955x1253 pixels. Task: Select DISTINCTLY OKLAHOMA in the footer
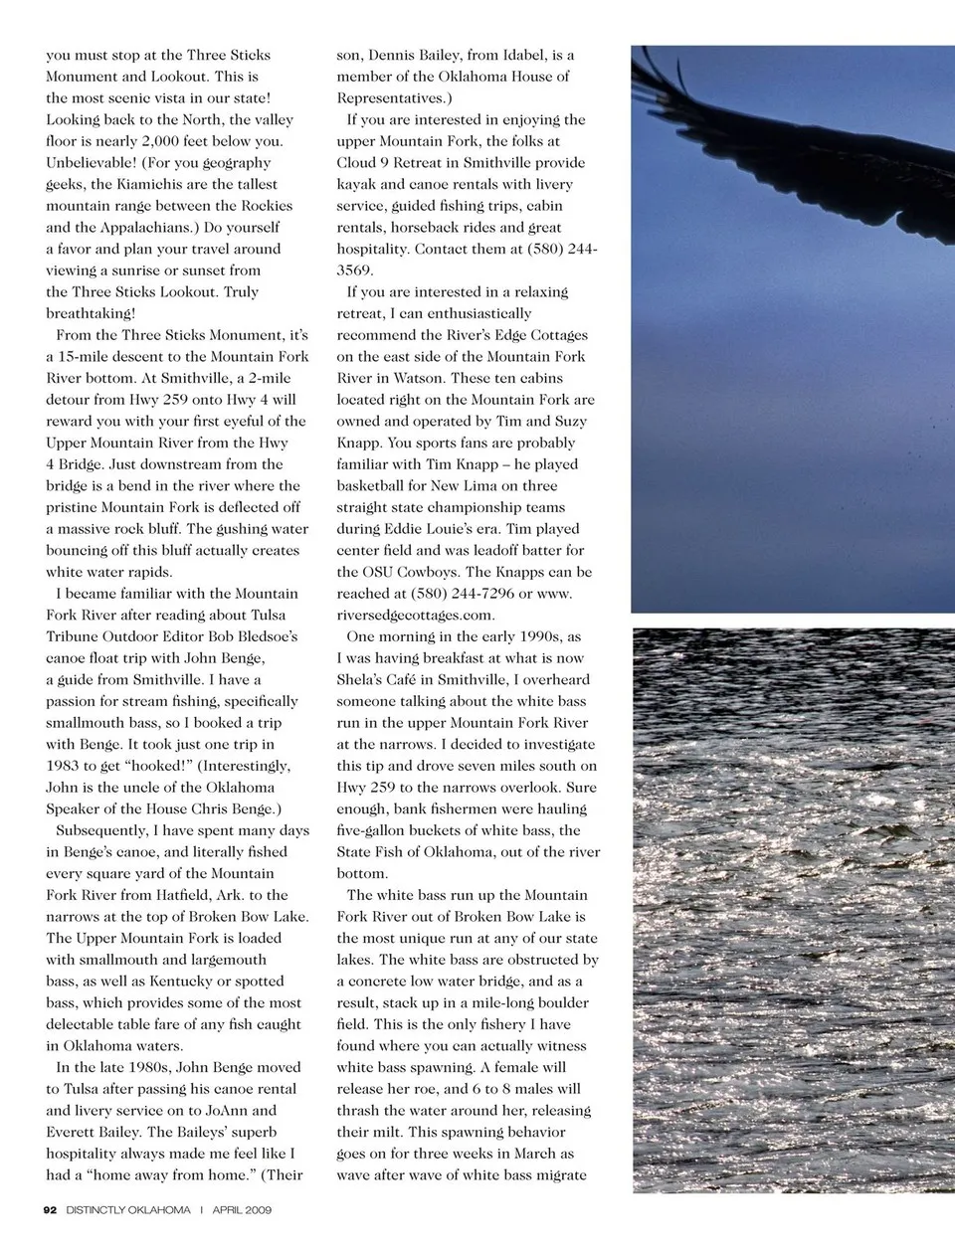click(128, 1210)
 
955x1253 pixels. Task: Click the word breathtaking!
click(91, 314)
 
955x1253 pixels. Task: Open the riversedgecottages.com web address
click(416, 616)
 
